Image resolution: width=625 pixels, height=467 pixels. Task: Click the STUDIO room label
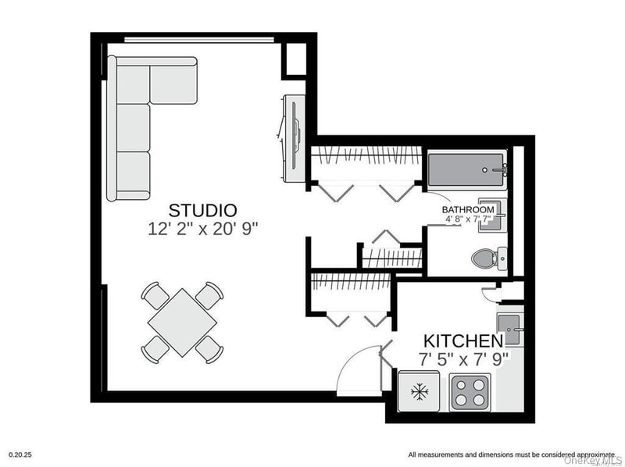coord(202,210)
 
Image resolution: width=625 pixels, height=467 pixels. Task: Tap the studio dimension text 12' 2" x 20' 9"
coord(203,229)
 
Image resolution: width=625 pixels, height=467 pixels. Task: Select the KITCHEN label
coord(463,341)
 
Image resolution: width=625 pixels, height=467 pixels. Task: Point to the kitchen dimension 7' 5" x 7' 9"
coord(464,359)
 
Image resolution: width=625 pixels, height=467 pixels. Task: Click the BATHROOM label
coord(468,209)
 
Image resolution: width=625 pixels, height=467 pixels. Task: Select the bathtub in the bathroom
coord(467,169)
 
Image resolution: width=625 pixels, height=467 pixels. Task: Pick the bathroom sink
coord(493,215)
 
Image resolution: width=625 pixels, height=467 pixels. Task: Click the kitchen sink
coord(510,330)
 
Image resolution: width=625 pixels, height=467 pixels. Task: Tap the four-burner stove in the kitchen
coord(470,392)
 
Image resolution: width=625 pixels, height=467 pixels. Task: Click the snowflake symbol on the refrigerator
coord(420,392)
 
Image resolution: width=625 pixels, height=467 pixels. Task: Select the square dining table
coord(183,323)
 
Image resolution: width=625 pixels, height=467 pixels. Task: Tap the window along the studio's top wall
coord(199,40)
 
